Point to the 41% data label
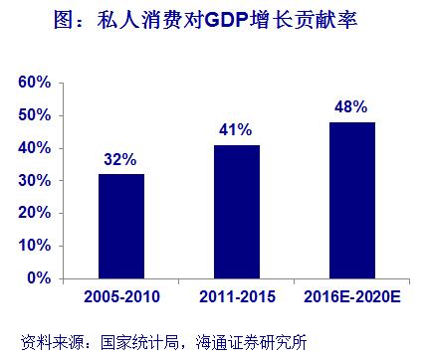tap(235, 130)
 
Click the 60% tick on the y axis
tap(36, 83)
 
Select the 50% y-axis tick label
tap(36, 115)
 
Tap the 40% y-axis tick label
tap(36, 148)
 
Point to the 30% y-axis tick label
tap(36, 180)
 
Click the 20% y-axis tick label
tap(36, 213)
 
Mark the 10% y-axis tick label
tap(36, 246)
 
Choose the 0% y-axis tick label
tap(40, 277)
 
